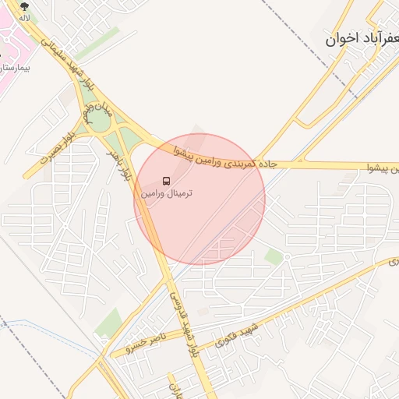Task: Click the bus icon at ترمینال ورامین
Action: [164, 180]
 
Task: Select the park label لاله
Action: [25, 16]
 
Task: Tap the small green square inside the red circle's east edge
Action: [274, 256]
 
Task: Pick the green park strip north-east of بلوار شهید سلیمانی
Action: [97, 44]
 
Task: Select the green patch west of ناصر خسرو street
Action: [108, 321]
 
